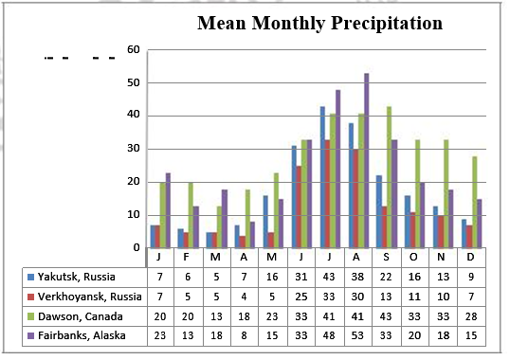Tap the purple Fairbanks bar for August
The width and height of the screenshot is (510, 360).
366,161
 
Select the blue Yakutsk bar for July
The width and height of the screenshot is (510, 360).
322,177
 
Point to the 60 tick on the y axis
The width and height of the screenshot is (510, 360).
134,50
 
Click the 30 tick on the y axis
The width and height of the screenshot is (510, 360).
134,149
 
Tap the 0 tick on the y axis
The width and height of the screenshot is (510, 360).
137,247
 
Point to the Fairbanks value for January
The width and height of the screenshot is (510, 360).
160,335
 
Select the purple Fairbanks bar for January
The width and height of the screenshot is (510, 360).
168,210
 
